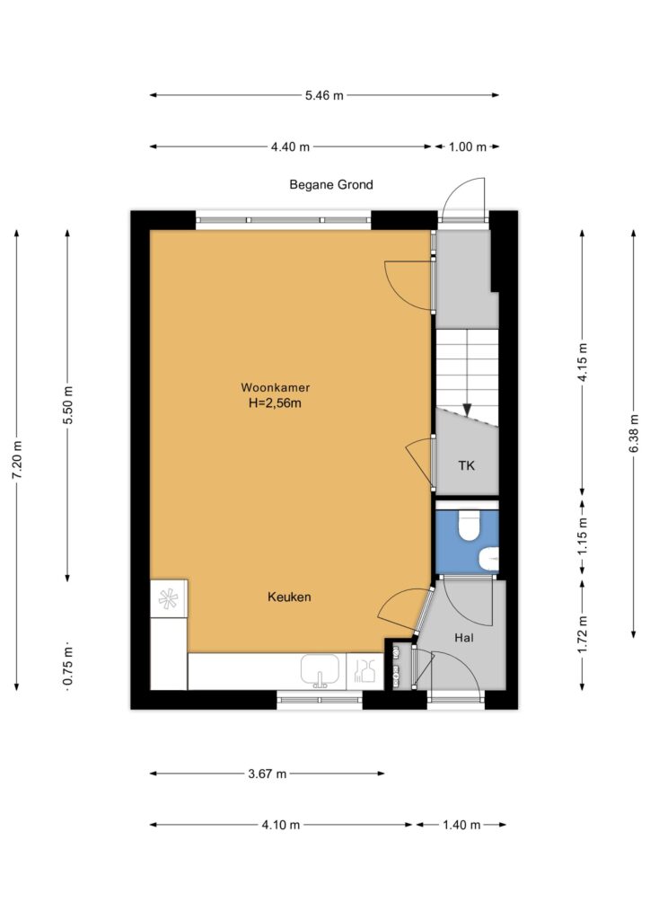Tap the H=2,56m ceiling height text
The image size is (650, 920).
275,403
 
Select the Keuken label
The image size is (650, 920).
289,597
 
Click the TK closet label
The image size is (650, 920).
467,466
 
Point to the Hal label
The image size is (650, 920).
463,638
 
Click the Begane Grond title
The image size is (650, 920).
331,185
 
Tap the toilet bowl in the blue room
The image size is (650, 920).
469,526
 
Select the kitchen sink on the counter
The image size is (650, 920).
320,671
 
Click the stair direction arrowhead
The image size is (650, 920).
467,409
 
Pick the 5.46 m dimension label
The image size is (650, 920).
324,95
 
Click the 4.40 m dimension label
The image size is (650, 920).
290,146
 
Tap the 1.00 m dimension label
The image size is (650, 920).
468,146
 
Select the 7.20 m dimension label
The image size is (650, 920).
18,459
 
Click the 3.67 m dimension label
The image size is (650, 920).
268,774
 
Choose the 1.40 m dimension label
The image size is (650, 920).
461,825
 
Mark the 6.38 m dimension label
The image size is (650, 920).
634,434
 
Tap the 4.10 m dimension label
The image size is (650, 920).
281,825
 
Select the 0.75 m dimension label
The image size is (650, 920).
68,666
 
